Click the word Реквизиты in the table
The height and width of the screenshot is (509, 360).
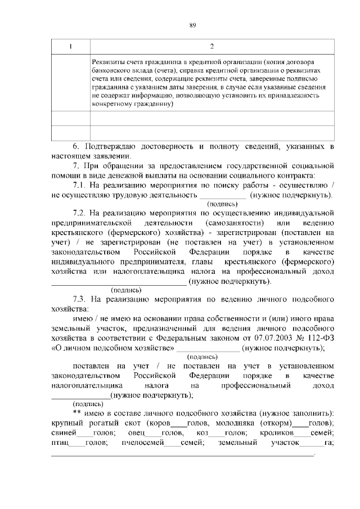[x=108, y=61]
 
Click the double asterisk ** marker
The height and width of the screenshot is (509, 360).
[x=78, y=413]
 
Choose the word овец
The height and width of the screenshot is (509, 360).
[x=136, y=433]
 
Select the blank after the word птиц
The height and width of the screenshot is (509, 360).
[x=77, y=444]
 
